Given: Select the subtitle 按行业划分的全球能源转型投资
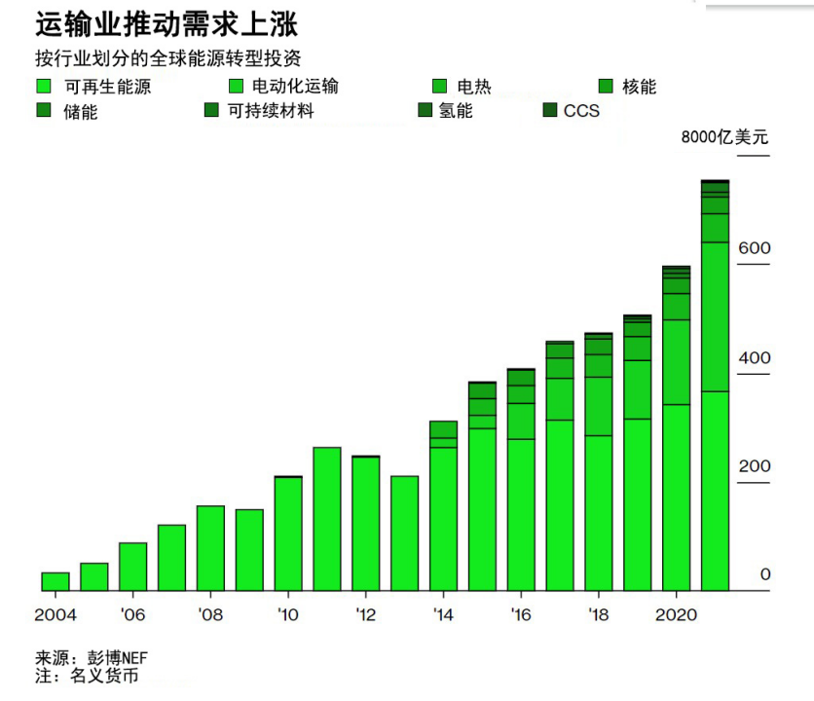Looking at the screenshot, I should (x=174, y=58).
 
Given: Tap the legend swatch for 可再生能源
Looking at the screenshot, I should (x=43, y=86).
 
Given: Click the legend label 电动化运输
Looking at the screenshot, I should (x=295, y=87).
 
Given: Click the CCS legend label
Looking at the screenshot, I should (x=581, y=111).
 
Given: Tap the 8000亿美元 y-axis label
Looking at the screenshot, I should (x=724, y=137).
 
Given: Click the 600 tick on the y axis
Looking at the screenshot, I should (x=754, y=248).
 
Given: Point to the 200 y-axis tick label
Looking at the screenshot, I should (x=754, y=466).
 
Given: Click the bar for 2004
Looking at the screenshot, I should (x=55, y=581).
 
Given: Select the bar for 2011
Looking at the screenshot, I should (x=326, y=519).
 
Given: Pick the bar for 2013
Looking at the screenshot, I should (x=404, y=534).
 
